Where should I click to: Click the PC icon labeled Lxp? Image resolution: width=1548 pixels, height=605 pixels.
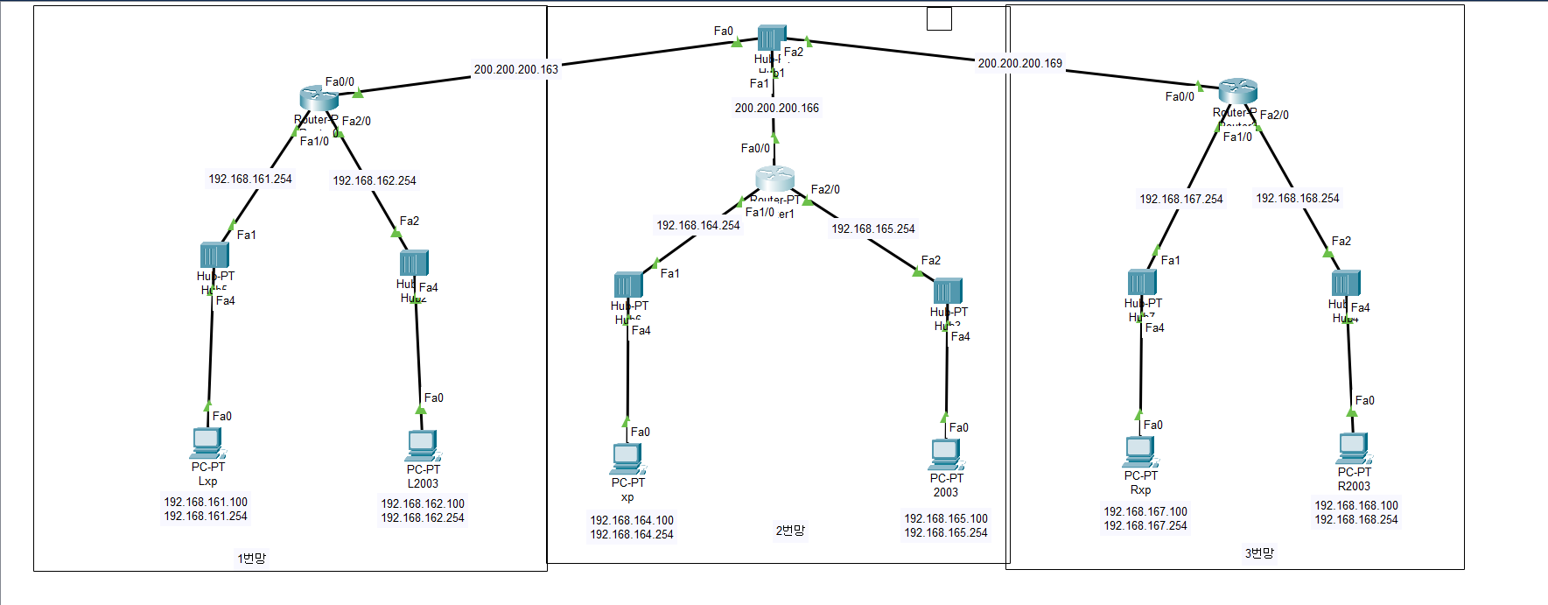(x=207, y=442)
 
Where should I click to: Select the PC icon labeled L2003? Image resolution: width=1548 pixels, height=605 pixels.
(x=423, y=445)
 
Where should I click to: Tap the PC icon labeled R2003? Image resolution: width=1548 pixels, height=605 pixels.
(x=1353, y=447)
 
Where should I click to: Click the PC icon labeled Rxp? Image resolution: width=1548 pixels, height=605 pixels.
(x=1140, y=451)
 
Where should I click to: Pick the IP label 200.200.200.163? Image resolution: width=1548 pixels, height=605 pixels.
(x=515, y=69)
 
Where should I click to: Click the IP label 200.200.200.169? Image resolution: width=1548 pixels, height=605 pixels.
(x=1019, y=63)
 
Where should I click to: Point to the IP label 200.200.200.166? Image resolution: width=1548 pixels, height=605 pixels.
(x=776, y=108)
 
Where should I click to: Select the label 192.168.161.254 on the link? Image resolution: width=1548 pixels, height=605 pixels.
(x=249, y=179)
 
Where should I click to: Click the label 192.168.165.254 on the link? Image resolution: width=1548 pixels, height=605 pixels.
(x=872, y=229)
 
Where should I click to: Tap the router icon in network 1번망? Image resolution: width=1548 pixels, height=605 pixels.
(x=319, y=97)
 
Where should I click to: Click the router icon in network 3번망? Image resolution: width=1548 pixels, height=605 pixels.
(x=1237, y=90)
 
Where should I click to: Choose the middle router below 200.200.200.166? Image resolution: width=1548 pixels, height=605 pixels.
(x=774, y=179)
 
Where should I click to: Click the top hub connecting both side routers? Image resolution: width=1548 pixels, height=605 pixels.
(x=771, y=38)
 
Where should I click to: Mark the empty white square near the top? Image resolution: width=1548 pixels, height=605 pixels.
(x=939, y=18)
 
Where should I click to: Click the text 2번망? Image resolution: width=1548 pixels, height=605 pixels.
(x=789, y=531)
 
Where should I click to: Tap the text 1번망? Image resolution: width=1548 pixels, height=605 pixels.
(x=251, y=558)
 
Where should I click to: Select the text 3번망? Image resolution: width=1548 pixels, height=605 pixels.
(x=1258, y=553)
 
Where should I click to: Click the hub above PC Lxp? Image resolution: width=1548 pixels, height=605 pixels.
(x=214, y=255)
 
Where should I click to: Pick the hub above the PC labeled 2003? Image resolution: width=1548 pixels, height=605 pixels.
(x=948, y=291)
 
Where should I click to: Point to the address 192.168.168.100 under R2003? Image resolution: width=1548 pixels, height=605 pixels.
(x=1355, y=505)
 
